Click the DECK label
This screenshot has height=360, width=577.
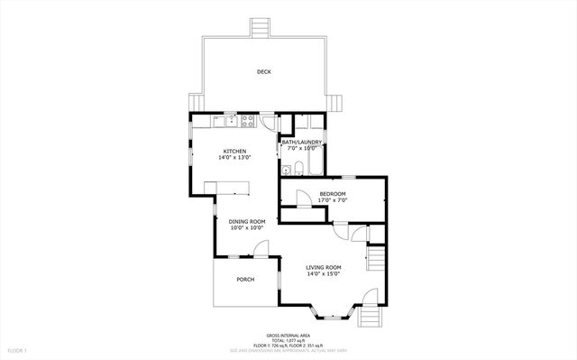pos(263,72)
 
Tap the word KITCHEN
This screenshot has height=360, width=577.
pos(235,152)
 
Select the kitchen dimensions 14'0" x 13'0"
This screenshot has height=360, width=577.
pos(235,158)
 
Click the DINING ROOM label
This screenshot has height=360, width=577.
pos(246,222)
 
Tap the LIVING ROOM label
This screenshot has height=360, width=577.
pos(323,268)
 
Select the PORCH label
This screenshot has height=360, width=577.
pos(245,280)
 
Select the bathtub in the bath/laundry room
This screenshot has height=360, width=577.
pos(316,165)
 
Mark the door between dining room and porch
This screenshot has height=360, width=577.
pos(260,249)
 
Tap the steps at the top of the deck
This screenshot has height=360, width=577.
pos(260,28)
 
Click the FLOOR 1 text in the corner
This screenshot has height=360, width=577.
pos(17,349)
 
